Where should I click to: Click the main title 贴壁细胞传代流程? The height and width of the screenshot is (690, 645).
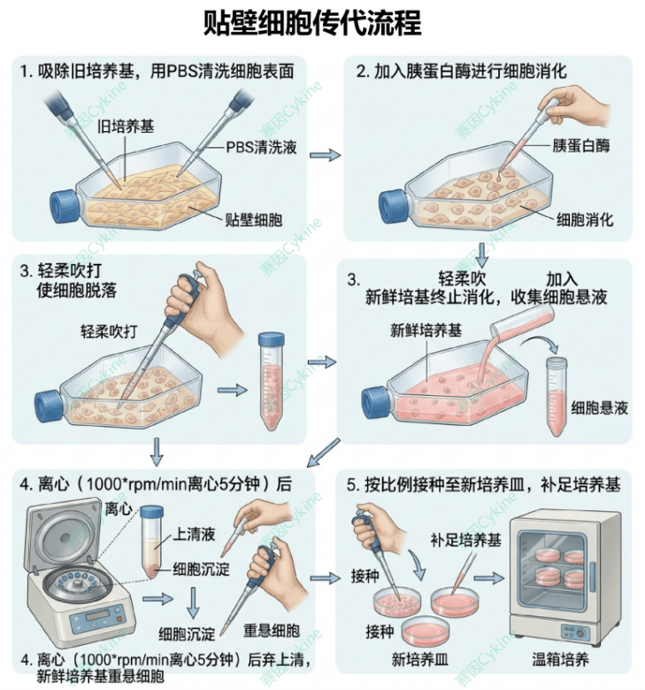point(312,23)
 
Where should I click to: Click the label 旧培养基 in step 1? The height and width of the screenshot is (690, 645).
point(126,127)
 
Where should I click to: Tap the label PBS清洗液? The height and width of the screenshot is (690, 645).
point(261,147)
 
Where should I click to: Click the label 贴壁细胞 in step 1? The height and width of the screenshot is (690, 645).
point(253,219)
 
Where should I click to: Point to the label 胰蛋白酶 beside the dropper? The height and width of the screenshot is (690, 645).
point(580,145)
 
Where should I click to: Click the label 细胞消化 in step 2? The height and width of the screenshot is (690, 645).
point(585,219)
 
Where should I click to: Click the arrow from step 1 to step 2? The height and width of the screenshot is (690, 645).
point(325,155)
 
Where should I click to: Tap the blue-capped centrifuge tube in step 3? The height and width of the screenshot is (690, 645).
point(271,381)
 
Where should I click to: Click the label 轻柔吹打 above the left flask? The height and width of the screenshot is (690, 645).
point(109,331)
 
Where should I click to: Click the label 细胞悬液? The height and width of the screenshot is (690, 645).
point(599,408)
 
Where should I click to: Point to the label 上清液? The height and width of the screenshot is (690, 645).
point(194,534)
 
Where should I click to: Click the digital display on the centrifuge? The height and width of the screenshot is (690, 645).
point(96,616)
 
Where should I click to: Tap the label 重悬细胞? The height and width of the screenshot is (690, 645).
point(272,630)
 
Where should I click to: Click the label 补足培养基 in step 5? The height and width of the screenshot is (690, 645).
point(465,540)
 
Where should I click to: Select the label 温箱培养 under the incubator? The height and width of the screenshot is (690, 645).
point(560,660)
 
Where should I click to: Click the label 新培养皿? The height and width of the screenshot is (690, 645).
point(420,660)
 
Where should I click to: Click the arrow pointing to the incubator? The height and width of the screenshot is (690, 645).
point(489,578)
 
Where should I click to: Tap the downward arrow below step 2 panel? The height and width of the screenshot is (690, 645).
point(482,254)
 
